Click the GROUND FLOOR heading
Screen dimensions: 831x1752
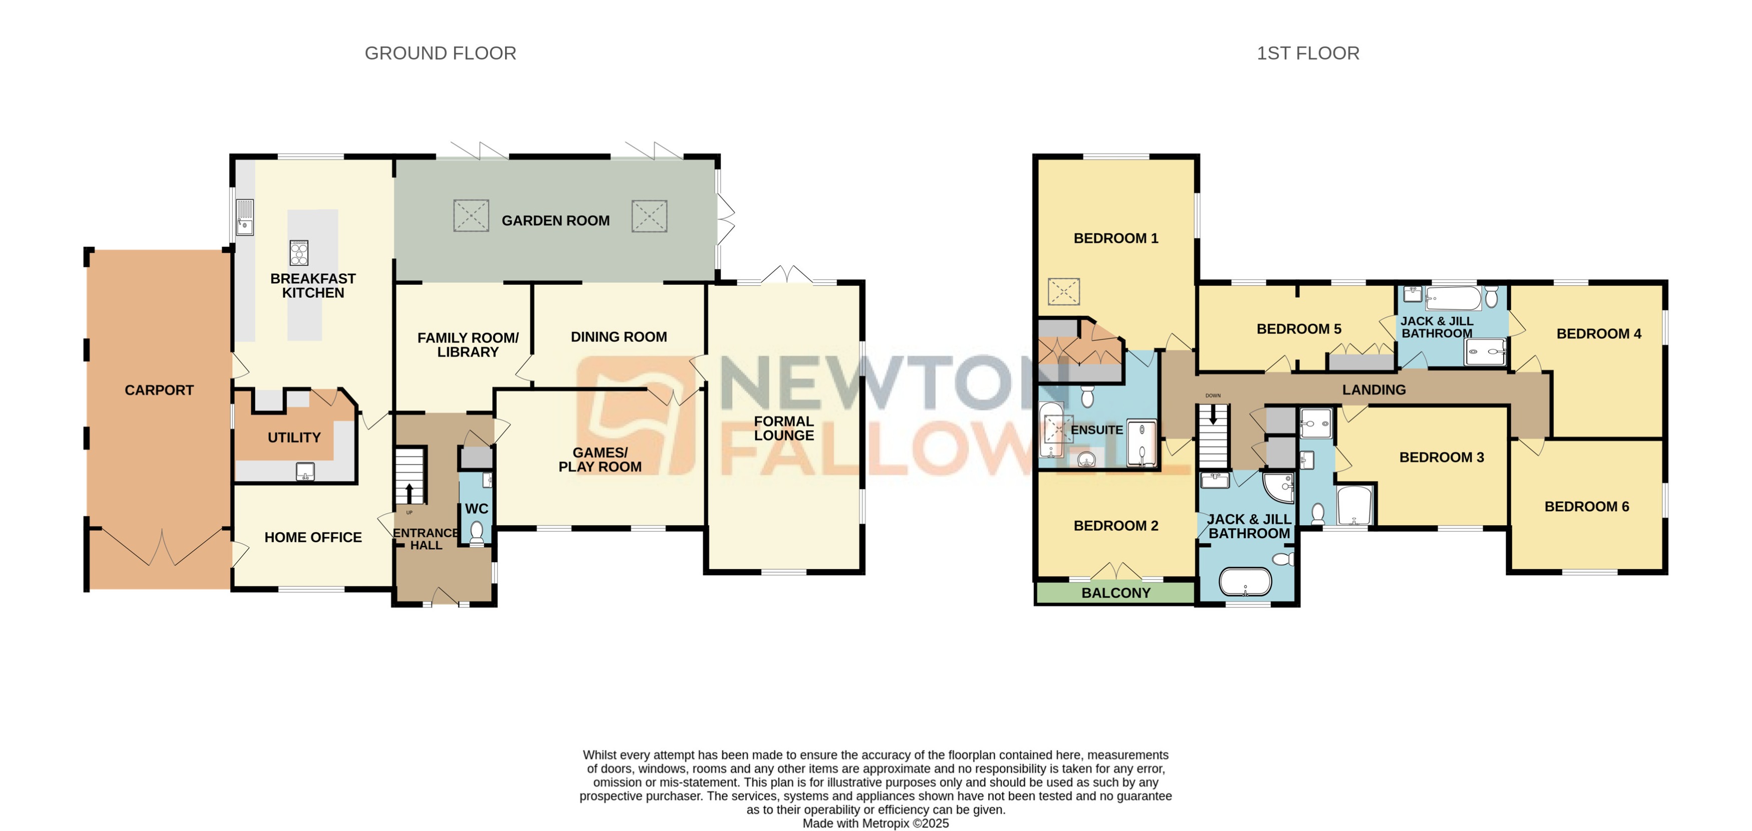pyautogui.click(x=440, y=53)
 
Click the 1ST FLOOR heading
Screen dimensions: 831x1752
pyautogui.click(x=1307, y=53)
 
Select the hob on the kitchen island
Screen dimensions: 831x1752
pyautogui.click(x=299, y=253)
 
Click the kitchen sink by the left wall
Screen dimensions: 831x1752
pyautogui.click(x=245, y=218)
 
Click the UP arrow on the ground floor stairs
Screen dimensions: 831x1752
pyautogui.click(x=409, y=492)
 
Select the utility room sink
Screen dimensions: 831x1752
pyautogui.click(x=305, y=471)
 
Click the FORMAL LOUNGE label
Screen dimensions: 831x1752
pyautogui.click(x=783, y=429)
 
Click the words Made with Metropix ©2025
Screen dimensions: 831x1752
pyautogui.click(x=875, y=823)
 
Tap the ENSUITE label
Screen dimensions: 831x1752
pyautogui.click(x=1096, y=431)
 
